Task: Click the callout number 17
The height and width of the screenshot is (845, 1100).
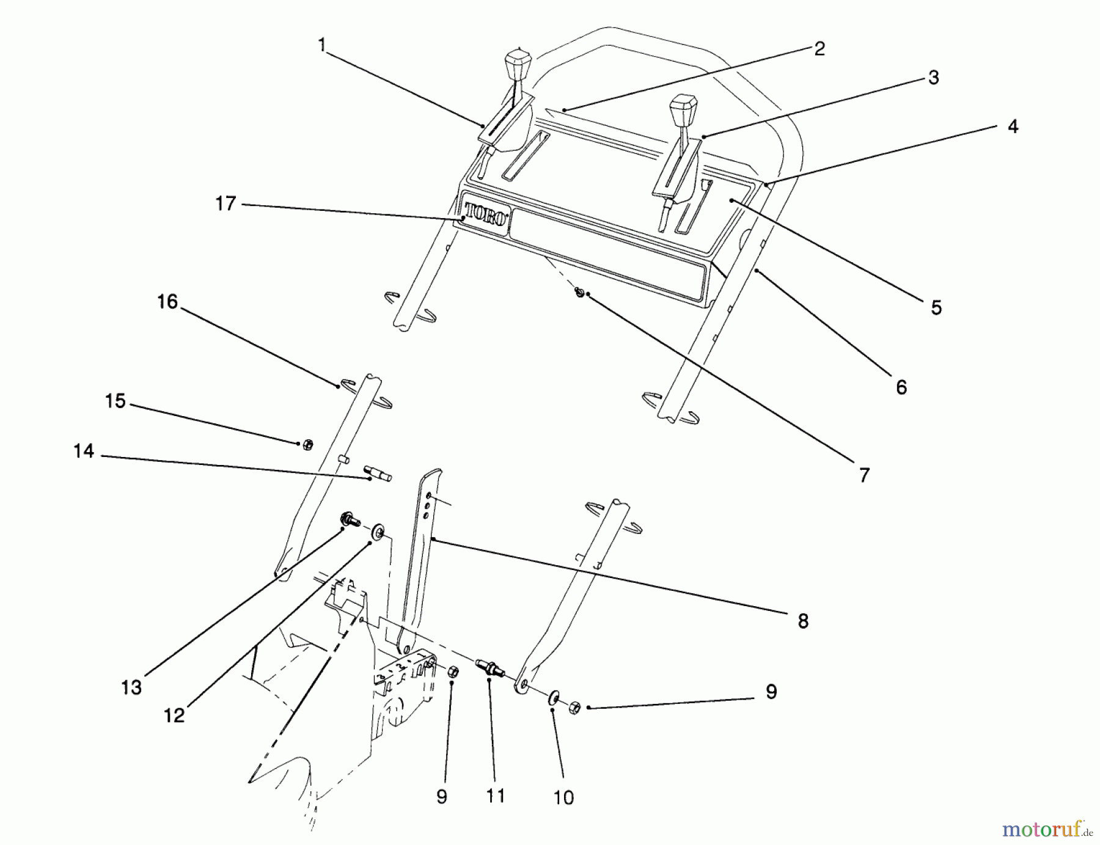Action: tap(226, 203)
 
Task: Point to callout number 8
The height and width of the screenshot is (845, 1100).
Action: tap(803, 621)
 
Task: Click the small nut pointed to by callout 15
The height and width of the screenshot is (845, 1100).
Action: tap(308, 445)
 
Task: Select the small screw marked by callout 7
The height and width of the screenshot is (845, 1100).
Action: tap(579, 293)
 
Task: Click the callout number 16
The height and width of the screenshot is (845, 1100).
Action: tap(167, 301)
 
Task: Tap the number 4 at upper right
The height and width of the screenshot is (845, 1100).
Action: tap(1013, 126)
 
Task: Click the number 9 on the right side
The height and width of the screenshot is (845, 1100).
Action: tap(771, 692)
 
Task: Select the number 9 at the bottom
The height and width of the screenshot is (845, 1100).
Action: tap(442, 797)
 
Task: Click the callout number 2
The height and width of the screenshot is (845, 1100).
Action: tap(820, 49)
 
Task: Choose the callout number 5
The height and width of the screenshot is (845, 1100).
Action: tap(936, 307)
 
